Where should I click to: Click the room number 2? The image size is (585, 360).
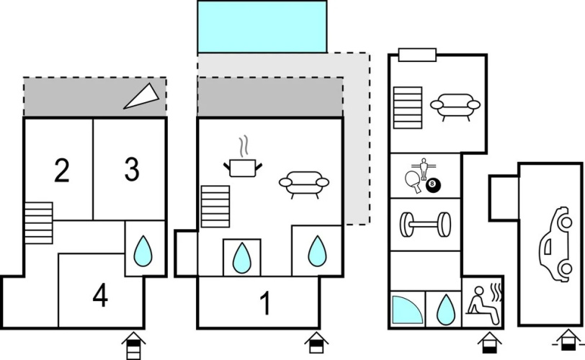click(x=62, y=171)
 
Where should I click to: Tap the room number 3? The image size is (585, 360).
click(x=132, y=170)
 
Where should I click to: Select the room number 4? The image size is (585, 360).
click(x=100, y=295)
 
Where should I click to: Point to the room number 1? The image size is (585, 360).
click(x=265, y=303)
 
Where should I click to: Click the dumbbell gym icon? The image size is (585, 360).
click(x=425, y=225)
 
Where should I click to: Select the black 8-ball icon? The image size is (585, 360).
click(x=433, y=186)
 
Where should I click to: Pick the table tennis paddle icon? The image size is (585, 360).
click(x=413, y=182)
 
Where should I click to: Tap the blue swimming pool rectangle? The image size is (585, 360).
click(x=262, y=27)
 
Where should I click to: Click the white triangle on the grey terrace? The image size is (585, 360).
click(x=142, y=96)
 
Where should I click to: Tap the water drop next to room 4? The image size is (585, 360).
click(x=143, y=251)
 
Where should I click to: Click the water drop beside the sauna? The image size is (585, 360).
click(x=446, y=310)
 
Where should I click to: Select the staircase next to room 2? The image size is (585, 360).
click(x=38, y=223)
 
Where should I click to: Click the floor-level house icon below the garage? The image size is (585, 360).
click(x=568, y=341)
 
